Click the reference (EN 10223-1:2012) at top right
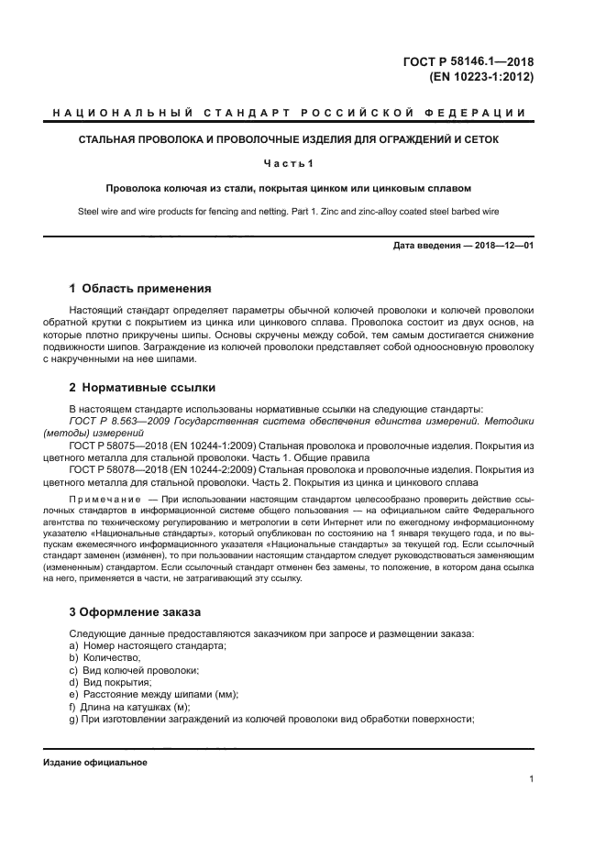(482, 77)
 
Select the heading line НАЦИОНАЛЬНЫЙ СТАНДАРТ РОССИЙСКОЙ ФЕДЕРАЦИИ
(289, 114)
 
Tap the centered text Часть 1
(289, 163)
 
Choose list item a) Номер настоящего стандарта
(148, 646)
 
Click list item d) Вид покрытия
(110, 682)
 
